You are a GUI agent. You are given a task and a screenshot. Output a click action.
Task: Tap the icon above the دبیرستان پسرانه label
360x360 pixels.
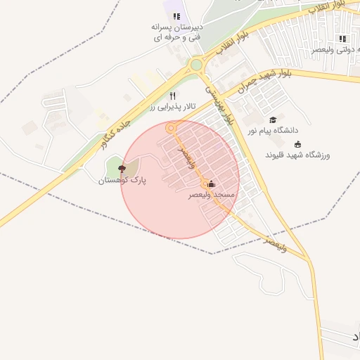coord(176,16)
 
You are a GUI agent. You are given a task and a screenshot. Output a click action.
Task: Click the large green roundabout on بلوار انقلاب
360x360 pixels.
coord(196,65)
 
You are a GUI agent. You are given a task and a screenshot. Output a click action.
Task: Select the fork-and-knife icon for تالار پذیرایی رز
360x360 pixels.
coord(172,96)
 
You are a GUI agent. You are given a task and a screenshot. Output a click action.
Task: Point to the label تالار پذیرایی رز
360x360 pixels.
coord(171,108)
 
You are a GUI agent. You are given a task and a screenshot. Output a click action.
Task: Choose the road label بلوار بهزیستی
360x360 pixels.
coord(219,105)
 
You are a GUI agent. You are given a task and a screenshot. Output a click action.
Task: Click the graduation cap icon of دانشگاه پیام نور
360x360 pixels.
coord(273,120)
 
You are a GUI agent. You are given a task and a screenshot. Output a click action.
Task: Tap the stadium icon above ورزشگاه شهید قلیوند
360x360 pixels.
coord(297,143)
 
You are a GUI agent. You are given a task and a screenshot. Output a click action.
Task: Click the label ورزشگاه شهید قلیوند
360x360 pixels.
coord(297,154)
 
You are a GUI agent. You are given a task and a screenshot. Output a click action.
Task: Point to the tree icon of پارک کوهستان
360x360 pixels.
coord(122,169)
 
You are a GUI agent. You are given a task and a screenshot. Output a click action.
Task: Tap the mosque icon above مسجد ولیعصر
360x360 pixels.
coord(212,185)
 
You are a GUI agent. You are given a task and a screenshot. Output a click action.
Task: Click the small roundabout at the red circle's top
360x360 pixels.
coord(170,128)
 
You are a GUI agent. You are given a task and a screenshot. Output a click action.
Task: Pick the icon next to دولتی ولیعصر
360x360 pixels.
coord(342,39)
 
